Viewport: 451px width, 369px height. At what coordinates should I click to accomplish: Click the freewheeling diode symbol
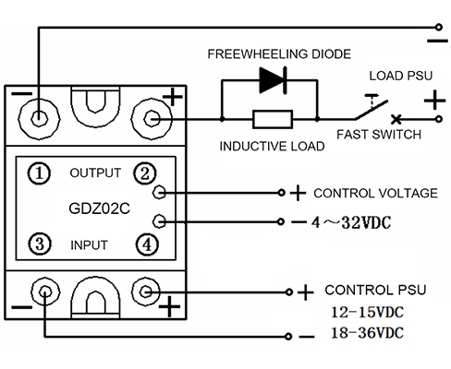(x=274, y=80)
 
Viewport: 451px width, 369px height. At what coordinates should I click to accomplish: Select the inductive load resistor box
(x=273, y=119)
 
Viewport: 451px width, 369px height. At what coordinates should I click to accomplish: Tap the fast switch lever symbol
(x=372, y=109)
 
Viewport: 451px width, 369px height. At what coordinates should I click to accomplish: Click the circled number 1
(x=39, y=173)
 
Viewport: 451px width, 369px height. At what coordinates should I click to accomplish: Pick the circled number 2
(x=145, y=173)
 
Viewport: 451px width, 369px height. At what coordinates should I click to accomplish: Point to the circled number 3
(x=40, y=244)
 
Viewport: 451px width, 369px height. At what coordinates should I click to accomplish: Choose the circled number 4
(x=147, y=244)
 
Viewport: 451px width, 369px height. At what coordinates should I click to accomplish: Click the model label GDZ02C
(x=99, y=208)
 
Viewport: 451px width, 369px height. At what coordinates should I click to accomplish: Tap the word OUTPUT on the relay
(x=95, y=173)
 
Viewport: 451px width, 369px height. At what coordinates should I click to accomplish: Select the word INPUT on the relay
(x=89, y=245)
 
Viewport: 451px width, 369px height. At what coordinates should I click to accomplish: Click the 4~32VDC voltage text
(x=351, y=222)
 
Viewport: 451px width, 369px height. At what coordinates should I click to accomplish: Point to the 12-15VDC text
(x=367, y=312)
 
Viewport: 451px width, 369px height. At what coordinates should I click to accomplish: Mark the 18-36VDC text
(x=367, y=333)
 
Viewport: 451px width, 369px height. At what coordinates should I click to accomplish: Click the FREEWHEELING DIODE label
(x=279, y=54)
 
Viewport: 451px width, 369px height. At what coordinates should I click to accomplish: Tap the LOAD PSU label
(x=401, y=76)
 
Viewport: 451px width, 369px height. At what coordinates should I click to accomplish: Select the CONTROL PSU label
(x=375, y=290)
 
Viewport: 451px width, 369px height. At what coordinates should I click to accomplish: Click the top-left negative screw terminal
(x=39, y=118)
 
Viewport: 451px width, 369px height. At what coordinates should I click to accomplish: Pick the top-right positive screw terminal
(x=152, y=118)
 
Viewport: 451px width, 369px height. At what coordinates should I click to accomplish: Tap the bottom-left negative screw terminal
(x=45, y=291)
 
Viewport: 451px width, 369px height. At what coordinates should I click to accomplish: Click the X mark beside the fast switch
(x=396, y=119)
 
